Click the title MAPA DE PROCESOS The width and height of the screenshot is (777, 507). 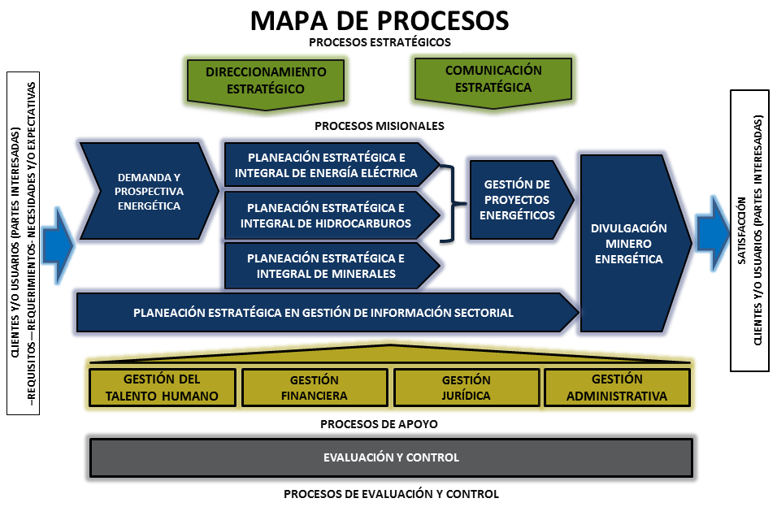pos(380,20)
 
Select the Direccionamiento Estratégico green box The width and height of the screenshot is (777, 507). pos(265,80)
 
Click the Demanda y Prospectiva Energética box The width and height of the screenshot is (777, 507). pos(150,192)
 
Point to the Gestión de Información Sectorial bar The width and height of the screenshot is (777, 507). pos(323,313)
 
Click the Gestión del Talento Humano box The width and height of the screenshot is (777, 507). pos(162,388)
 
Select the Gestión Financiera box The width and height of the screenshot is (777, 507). pos(314,388)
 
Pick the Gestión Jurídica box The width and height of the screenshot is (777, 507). pos(467,388)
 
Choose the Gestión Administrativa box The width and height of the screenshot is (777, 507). pos(617,388)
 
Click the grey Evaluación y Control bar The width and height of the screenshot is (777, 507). pos(390,457)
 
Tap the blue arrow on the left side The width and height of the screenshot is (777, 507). pos(56,243)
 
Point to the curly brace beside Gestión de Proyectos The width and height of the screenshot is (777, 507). pos(450,201)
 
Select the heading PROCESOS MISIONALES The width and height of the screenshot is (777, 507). pos(380,126)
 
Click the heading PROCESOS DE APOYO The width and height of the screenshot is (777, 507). pos(380,423)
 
